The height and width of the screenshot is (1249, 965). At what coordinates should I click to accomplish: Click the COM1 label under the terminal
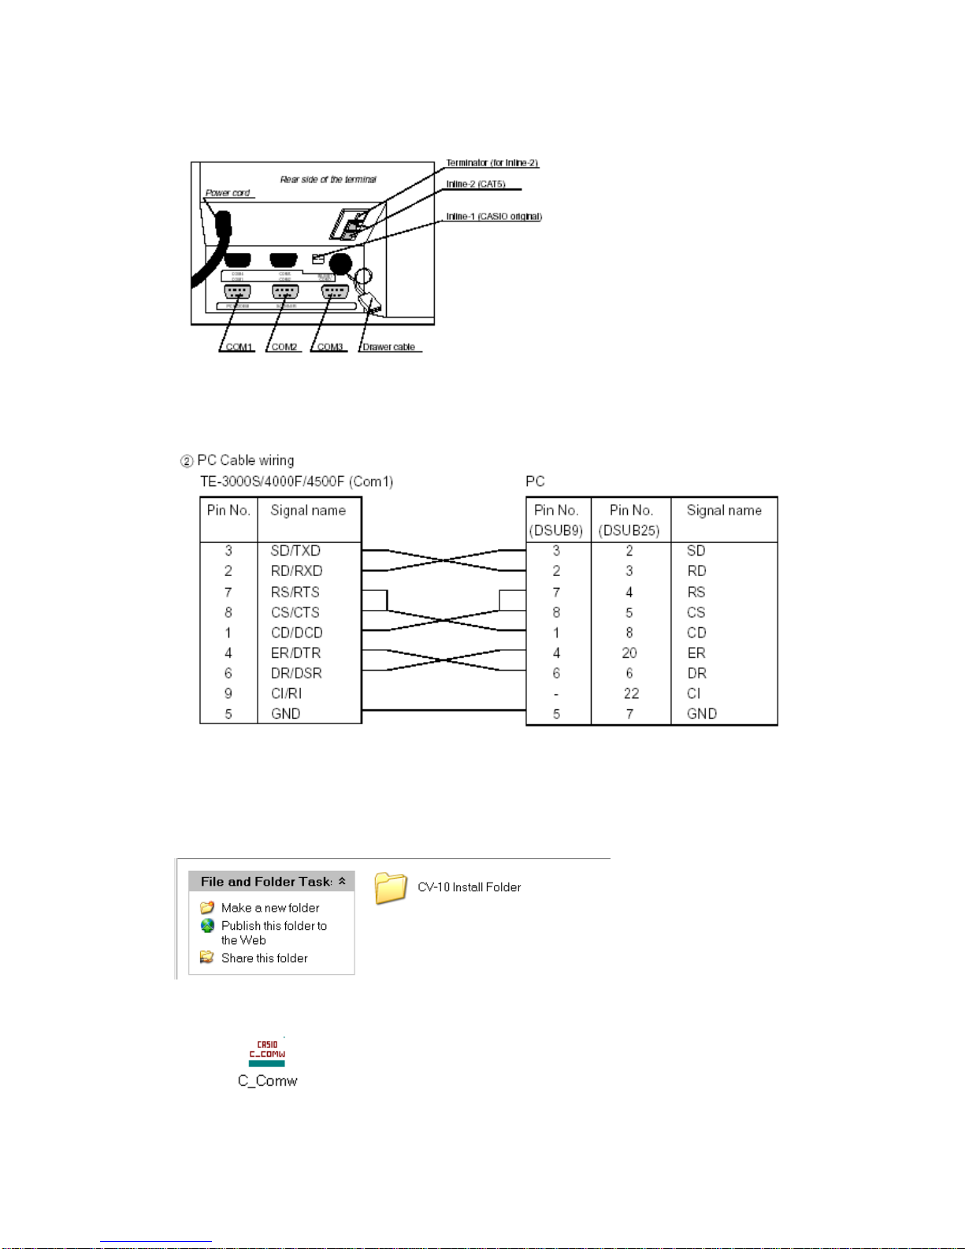coord(239,347)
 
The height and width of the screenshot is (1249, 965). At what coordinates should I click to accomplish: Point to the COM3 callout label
coord(330,347)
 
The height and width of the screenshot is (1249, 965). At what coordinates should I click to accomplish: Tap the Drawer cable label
coord(388,347)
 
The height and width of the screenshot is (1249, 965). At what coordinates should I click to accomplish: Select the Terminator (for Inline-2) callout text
coord(492,163)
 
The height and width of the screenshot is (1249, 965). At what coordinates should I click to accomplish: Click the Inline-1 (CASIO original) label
coord(494,217)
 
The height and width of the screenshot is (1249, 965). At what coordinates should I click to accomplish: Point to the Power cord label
coord(228,193)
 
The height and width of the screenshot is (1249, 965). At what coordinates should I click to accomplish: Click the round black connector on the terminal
coord(340,263)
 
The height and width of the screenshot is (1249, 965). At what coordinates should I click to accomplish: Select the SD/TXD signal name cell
coord(295,551)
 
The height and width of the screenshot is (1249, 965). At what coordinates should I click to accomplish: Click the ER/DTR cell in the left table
coord(295,653)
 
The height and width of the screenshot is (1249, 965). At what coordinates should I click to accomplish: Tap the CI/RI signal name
coord(286,693)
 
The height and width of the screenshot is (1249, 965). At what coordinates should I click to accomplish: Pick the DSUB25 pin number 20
coord(629,653)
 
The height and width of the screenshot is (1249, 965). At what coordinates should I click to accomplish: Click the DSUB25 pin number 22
coord(631,693)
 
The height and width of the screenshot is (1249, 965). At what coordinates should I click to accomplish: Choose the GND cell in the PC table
coord(701,714)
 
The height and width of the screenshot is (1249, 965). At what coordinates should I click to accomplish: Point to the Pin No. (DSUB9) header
coord(556,520)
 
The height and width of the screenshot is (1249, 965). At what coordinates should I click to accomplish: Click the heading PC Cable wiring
coord(245,460)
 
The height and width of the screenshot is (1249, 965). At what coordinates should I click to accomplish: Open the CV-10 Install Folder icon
coord(391,888)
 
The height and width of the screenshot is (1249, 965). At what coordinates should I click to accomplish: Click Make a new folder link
coord(269,908)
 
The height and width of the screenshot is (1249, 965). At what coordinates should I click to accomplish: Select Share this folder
coord(264,958)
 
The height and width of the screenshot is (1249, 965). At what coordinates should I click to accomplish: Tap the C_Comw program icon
coord(267,1053)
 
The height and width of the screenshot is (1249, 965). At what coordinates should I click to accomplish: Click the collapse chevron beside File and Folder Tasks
coord(342,881)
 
